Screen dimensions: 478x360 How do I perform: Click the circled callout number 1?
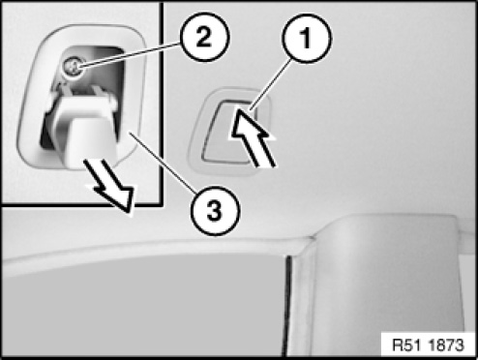tap(307, 38)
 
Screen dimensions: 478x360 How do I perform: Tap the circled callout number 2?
tap(204, 37)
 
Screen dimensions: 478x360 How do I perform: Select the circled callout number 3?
tap(215, 211)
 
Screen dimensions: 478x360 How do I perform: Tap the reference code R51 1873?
tap(428, 345)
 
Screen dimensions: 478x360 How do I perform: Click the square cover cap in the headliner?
tap(231, 132)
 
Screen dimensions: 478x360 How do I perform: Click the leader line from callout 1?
tap(271, 85)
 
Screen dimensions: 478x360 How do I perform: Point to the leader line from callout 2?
tap(130, 55)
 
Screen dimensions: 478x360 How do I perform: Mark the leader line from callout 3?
tap(163, 164)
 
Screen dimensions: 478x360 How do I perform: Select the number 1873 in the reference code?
tap(446, 345)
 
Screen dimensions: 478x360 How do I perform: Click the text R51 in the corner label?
tap(406, 345)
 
